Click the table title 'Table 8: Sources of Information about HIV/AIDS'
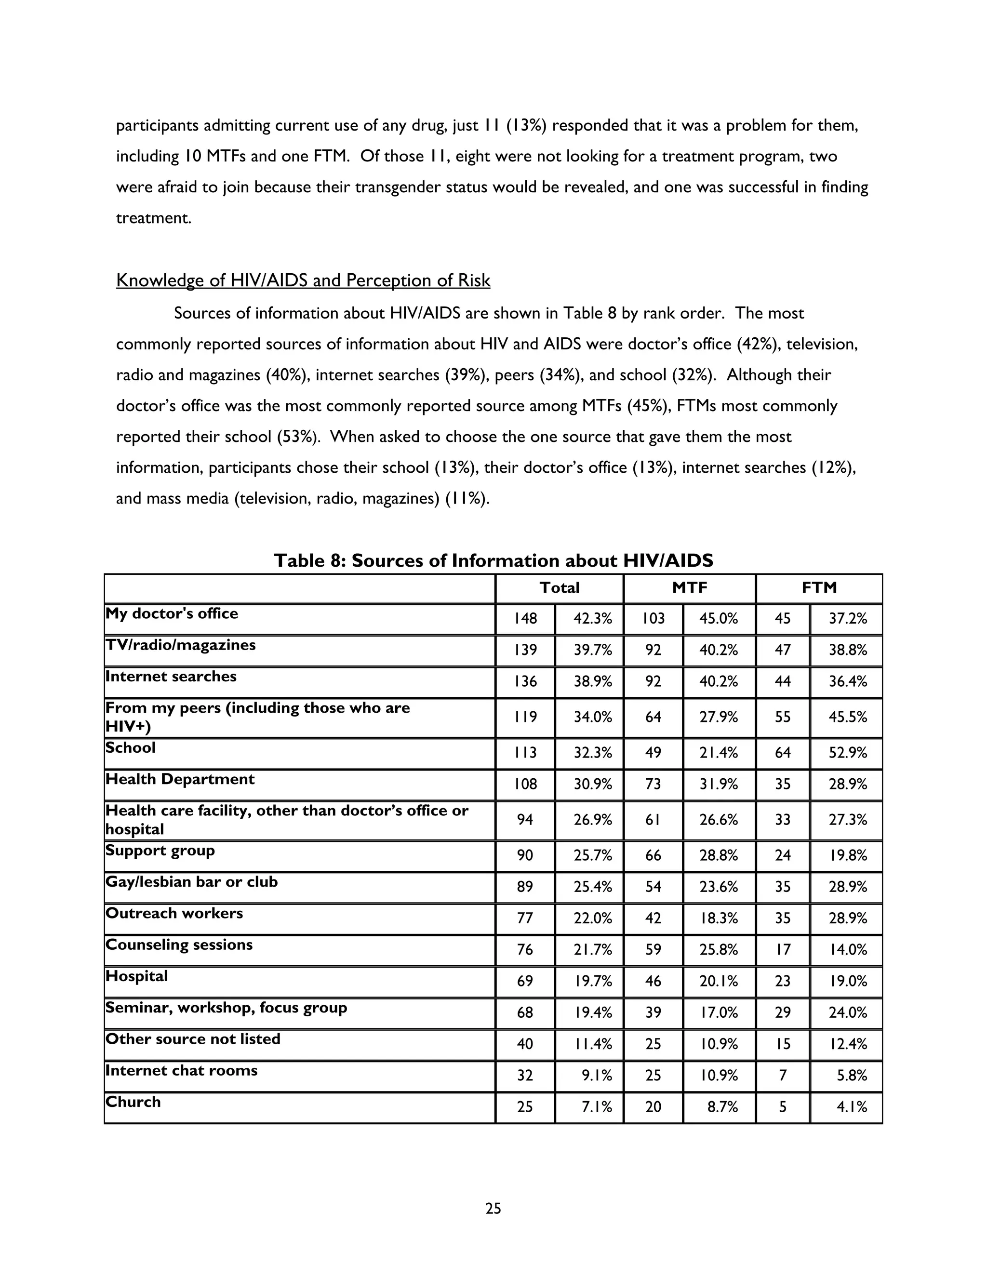493,561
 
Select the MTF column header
689,587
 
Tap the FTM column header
819,587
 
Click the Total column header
559,587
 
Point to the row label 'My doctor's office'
172,613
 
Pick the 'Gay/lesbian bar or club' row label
191,882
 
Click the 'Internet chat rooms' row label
181,1070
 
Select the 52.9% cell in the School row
847,753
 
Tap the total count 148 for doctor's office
525,619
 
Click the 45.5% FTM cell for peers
847,717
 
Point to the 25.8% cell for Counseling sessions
718,950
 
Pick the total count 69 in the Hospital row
525,981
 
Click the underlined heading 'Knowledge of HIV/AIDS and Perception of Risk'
303,280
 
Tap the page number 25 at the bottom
493,1208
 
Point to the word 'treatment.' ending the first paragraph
153,218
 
